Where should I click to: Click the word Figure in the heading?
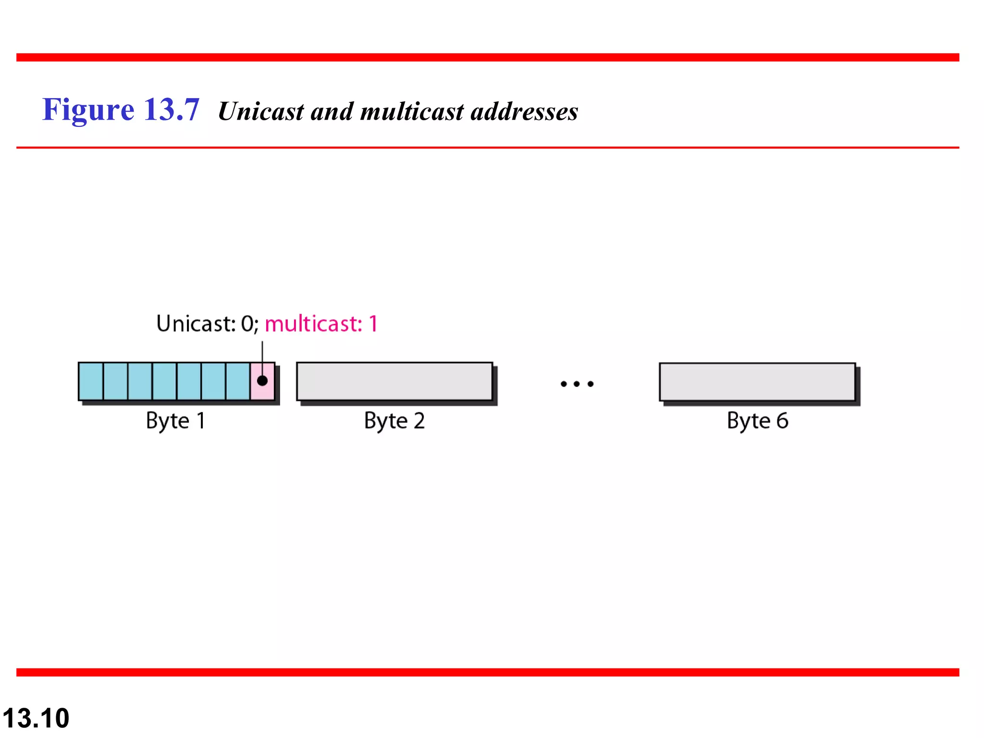(88, 110)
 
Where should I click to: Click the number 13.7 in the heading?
(172, 110)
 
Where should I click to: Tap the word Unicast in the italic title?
(261, 111)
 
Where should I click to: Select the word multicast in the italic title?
(412, 111)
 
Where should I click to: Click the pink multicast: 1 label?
(321, 324)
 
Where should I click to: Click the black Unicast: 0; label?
(207, 324)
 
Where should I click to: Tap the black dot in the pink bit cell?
(262, 381)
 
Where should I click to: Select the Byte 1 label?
(176, 421)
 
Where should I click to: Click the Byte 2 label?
(394, 421)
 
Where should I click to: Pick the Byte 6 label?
(757, 421)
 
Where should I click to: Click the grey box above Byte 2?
(394, 381)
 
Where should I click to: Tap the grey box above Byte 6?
(757, 382)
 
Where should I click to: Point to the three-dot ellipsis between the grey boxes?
(577, 384)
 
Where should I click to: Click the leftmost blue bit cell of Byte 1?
(91, 381)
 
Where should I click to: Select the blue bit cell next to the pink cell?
(238, 381)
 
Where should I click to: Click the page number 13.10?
(36, 718)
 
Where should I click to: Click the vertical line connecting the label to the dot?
(262, 356)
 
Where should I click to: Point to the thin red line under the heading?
(488, 148)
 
